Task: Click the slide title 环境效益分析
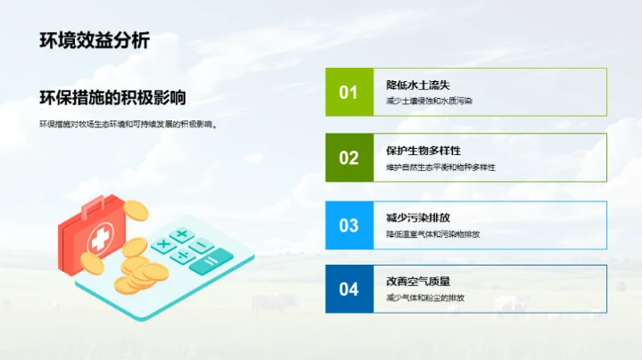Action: click(x=95, y=40)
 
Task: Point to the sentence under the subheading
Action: click(x=128, y=124)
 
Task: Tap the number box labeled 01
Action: click(x=348, y=93)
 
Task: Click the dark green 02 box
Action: click(x=348, y=158)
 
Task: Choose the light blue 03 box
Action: click(x=348, y=225)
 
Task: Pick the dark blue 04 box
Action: click(x=348, y=289)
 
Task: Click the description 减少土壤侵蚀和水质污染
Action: click(x=429, y=102)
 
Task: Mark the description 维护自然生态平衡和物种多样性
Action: click(x=440, y=167)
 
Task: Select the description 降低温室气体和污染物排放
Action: click(x=433, y=233)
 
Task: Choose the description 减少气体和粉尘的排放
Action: click(x=425, y=298)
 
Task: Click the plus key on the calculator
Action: click(x=182, y=235)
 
